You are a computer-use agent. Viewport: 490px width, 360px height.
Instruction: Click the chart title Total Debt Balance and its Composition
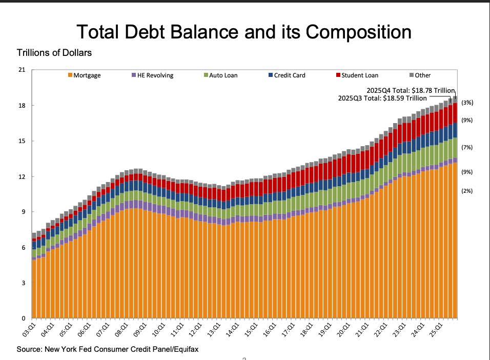[244, 32]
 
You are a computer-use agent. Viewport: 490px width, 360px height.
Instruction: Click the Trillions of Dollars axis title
[54, 53]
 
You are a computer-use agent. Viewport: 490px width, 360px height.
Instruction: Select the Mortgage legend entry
[87, 75]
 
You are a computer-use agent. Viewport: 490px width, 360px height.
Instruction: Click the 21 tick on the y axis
[22, 70]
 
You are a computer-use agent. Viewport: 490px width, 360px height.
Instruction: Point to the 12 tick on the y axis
[22, 177]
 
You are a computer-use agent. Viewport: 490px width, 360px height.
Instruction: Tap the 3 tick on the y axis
[23, 283]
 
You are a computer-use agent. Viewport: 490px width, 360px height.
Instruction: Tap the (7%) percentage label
[467, 148]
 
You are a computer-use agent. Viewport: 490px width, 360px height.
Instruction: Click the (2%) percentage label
[467, 191]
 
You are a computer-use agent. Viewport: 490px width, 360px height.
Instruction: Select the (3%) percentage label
[467, 103]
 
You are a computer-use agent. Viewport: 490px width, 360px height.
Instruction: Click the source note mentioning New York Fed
[108, 350]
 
